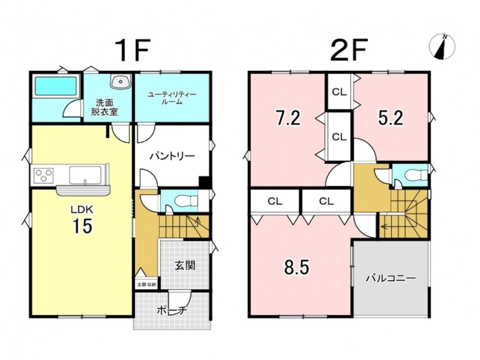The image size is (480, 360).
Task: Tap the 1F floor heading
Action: (x=132, y=50)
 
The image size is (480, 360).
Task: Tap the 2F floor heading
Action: (x=348, y=50)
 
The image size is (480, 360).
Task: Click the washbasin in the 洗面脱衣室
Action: (x=121, y=82)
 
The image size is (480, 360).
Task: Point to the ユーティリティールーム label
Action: (x=172, y=98)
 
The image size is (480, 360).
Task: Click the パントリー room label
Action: (x=172, y=156)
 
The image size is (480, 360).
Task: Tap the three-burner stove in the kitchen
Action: (x=44, y=176)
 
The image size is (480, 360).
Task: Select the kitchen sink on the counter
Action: (x=85, y=175)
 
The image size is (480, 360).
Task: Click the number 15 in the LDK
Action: (x=82, y=226)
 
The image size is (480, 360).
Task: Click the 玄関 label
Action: (x=185, y=265)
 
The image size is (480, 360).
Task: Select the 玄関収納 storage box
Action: (x=146, y=284)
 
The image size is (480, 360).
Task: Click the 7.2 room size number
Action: (x=288, y=118)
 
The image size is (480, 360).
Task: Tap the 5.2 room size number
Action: (x=391, y=118)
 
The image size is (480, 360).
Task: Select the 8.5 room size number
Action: (x=297, y=267)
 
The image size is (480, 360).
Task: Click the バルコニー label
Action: (x=391, y=278)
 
